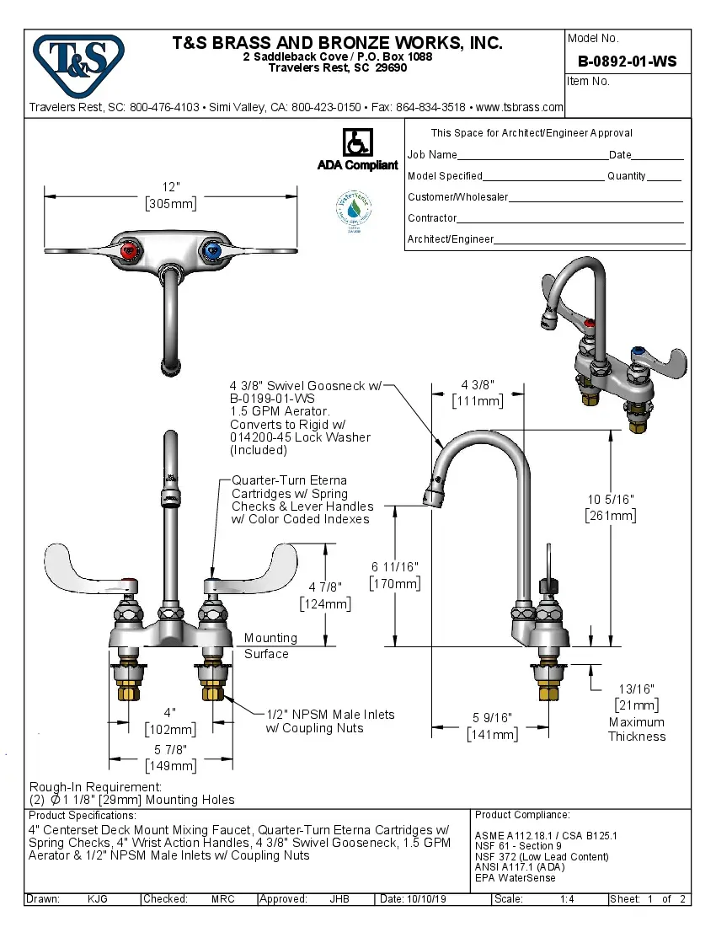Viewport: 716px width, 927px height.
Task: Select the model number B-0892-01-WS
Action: tap(627, 62)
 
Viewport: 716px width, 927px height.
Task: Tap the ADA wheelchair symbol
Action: tap(357, 143)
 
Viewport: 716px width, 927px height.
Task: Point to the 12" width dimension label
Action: tap(171, 187)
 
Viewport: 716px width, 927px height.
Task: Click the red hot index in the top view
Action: tap(128, 251)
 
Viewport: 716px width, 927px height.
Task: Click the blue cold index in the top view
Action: tap(211, 251)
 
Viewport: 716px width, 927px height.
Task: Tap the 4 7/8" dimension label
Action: tap(325, 587)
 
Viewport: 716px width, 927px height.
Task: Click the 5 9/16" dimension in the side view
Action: tap(492, 719)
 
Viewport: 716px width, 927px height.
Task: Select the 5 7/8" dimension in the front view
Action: tap(170, 749)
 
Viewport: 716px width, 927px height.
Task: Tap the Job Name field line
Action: tap(532, 156)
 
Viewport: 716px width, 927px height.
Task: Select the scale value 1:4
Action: tap(567, 899)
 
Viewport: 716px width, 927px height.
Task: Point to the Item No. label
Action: tap(589, 82)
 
